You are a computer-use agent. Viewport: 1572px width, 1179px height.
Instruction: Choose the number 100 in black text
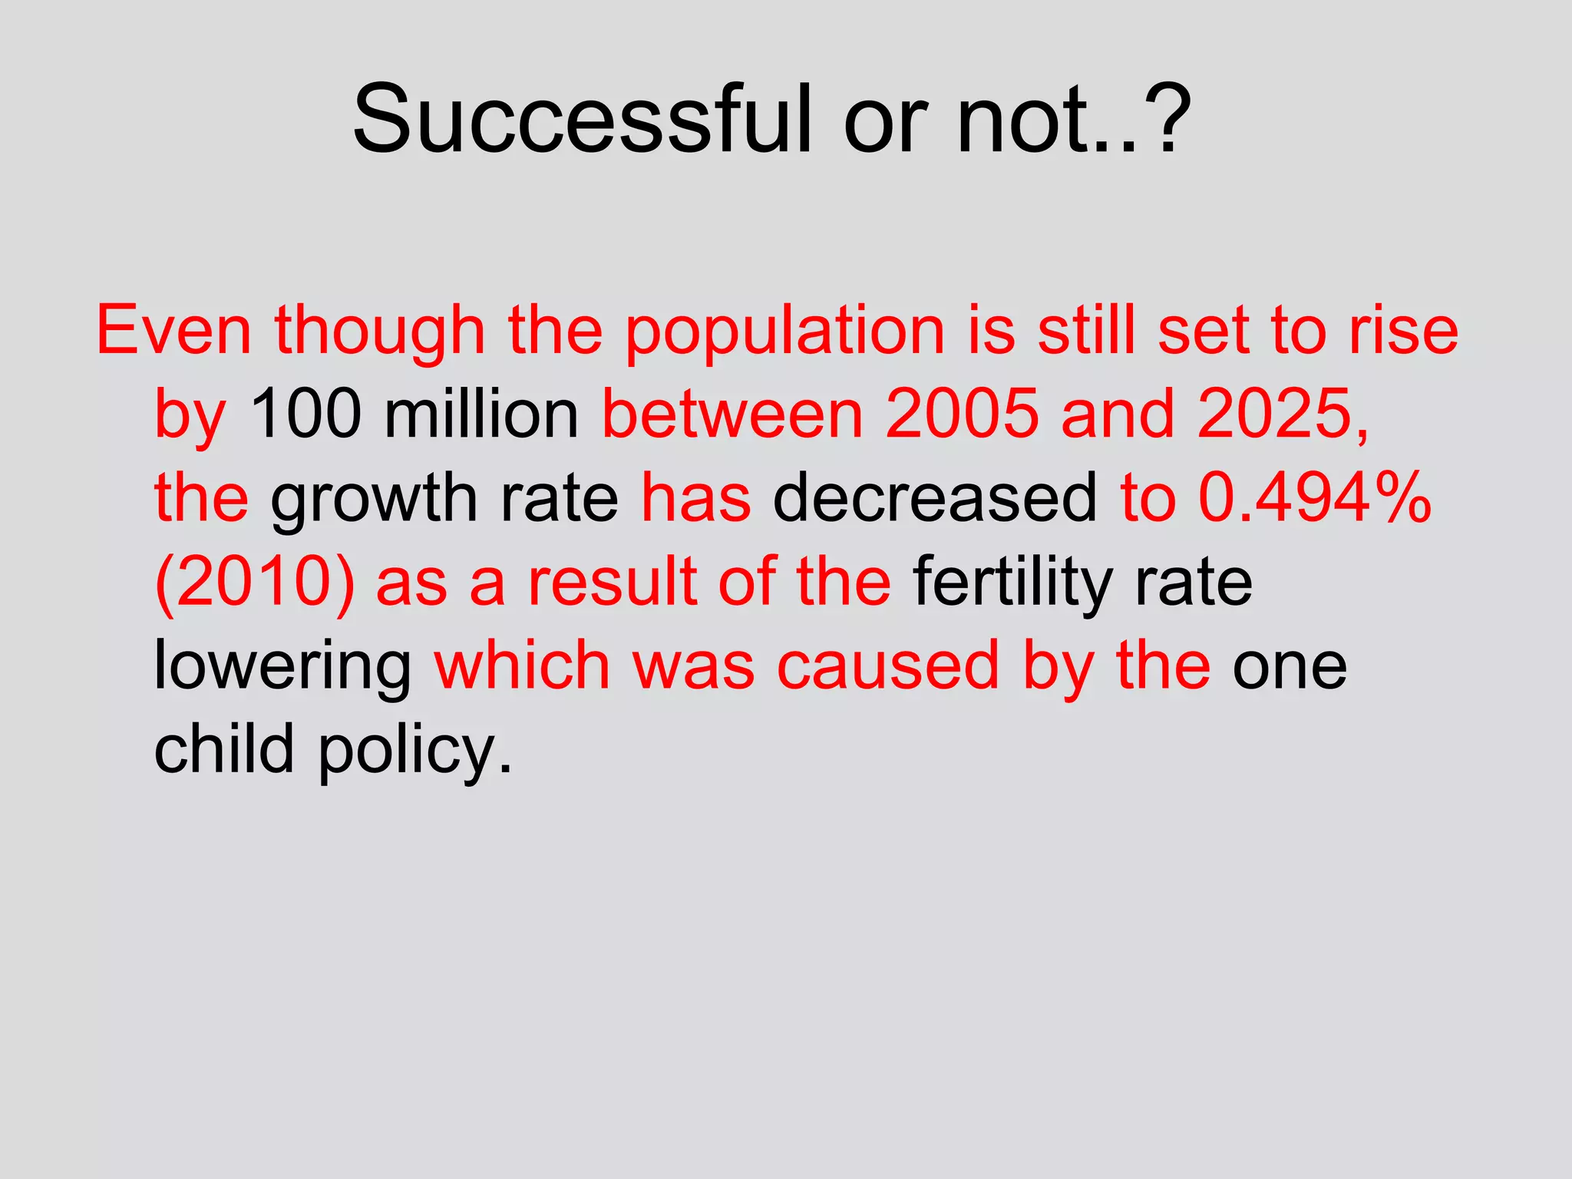pyautogui.click(x=305, y=414)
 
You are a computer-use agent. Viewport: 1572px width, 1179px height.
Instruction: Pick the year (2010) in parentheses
pyautogui.click(x=255, y=583)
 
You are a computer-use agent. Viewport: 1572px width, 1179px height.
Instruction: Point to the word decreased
pyautogui.click(x=935, y=498)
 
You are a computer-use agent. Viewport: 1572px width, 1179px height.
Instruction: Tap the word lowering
pyautogui.click(x=282, y=666)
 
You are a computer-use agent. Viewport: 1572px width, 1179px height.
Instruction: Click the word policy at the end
pyautogui.click(x=414, y=750)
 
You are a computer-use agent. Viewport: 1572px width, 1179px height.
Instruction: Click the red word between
pyautogui.click(x=733, y=414)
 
